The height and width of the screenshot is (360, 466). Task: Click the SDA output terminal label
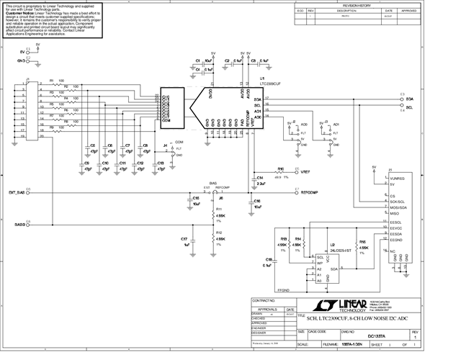(409, 98)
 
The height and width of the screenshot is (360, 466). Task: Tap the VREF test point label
(306, 172)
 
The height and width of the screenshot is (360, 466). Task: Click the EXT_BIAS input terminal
(17, 193)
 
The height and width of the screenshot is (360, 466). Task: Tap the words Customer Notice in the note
(21, 12)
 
